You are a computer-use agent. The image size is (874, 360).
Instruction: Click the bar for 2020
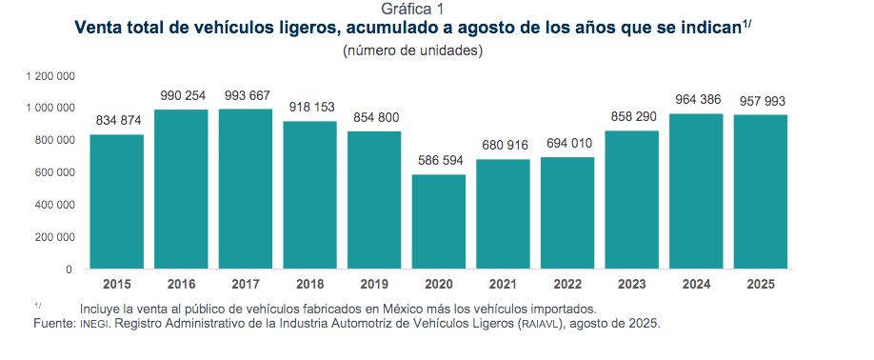(x=439, y=221)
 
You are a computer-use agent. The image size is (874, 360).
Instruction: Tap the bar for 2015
(x=117, y=201)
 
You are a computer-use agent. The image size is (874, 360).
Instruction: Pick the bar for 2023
(x=632, y=199)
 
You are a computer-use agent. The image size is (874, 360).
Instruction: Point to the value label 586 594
(x=439, y=160)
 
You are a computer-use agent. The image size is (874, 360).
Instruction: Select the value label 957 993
(x=760, y=101)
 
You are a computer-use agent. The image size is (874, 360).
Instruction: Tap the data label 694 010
(x=567, y=143)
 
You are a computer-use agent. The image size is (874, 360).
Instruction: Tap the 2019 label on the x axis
(x=374, y=284)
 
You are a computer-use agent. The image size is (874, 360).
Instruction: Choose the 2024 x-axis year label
(x=696, y=284)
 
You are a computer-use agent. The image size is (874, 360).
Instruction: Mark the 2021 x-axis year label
(x=503, y=284)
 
